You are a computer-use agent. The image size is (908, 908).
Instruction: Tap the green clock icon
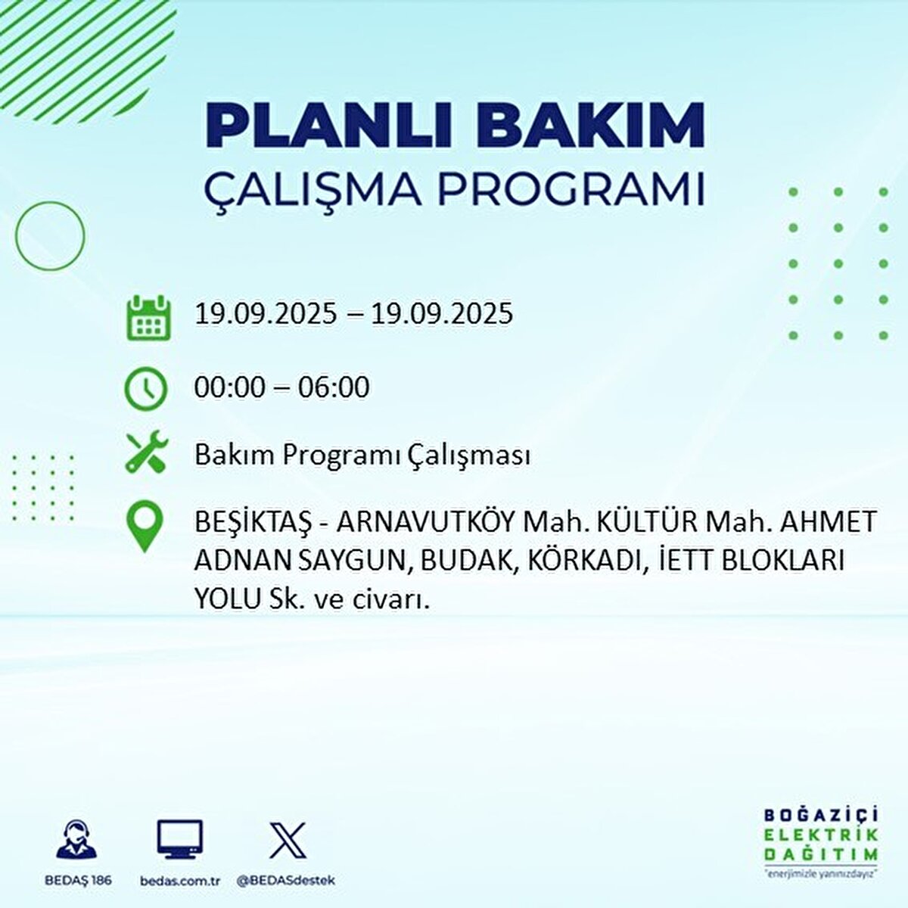[145, 388]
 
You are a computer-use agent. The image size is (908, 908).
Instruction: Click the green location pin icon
[145, 529]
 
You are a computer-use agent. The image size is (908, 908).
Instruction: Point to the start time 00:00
[228, 387]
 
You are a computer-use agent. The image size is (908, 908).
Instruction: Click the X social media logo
[288, 840]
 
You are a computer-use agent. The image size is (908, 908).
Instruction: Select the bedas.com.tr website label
[180, 881]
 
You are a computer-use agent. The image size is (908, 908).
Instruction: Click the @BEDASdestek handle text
[286, 881]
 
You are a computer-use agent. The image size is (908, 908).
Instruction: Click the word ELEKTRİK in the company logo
[821, 835]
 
